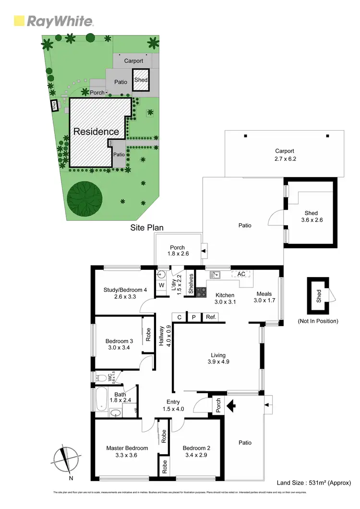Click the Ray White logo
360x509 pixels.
[x=53, y=21]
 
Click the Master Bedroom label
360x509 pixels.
[x=127, y=448]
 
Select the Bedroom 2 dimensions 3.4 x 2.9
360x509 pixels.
[x=196, y=455]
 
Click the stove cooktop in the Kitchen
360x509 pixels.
[x=201, y=291]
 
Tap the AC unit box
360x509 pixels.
[x=241, y=274]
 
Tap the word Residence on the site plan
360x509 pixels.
[x=96, y=132]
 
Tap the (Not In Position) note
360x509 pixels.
[x=317, y=321]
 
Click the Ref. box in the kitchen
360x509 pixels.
[x=211, y=317]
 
